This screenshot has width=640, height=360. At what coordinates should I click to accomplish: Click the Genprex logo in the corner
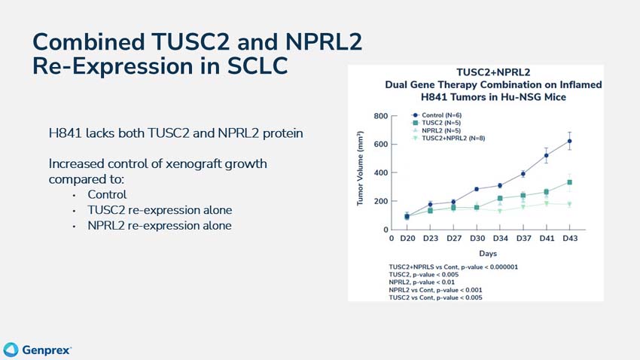(x=38, y=349)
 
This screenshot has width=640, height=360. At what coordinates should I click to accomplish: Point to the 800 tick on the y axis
(x=379, y=116)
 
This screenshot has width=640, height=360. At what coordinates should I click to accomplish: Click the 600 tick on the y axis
(x=379, y=145)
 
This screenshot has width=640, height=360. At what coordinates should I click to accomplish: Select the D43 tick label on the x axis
(x=570, y=239)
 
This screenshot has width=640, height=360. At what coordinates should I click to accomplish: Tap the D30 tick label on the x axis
(x=477, y=239)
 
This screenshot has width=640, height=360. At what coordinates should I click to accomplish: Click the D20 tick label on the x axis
(x=407, y=239)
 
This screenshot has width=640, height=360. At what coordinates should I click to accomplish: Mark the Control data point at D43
(x=570, y=141)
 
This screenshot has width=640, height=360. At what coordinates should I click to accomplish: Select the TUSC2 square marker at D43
(x=570, y=182)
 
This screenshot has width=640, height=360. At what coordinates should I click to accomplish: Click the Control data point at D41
(x=547, y=156)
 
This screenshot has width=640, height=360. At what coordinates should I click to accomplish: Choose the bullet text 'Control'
(x=106, y=195)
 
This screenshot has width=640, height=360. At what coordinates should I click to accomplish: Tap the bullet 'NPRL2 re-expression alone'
(x=160, y=225)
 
